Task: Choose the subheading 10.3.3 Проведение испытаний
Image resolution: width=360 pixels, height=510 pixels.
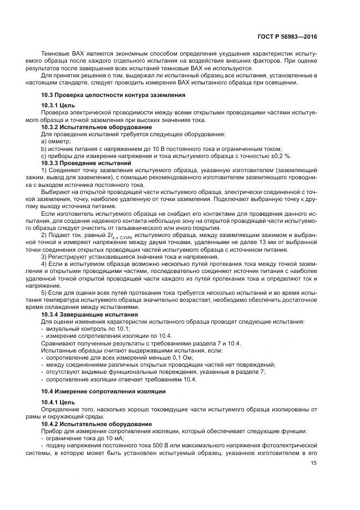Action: (78, 162)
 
